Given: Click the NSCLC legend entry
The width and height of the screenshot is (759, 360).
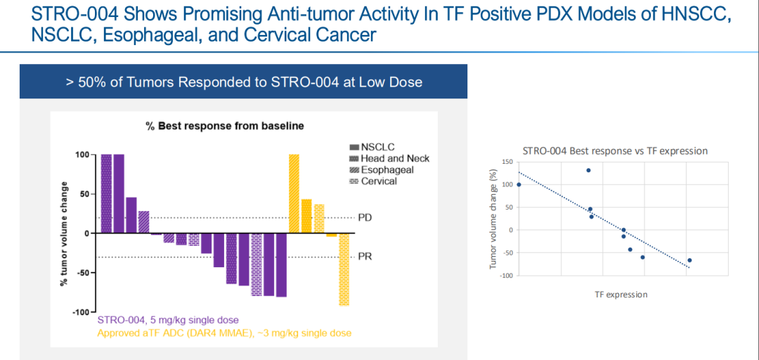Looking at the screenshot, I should tap(372, 147).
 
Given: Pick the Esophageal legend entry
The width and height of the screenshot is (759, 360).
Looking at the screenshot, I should tap(381, 169).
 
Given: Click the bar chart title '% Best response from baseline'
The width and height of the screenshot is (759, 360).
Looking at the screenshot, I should tap(224, 127).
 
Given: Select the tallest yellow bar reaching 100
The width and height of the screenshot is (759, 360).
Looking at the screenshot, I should tap(294, 193).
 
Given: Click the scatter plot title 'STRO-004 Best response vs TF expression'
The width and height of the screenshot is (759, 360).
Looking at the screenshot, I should tap(615, 150).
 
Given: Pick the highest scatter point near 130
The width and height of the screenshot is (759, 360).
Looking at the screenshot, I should tap(588, 170).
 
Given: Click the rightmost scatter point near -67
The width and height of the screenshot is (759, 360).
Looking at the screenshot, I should tap(689, 260).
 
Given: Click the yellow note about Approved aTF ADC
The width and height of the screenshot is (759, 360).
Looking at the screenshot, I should tap(224, 332).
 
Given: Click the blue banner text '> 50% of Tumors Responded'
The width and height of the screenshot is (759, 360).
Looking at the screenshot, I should tap(244, 82).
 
